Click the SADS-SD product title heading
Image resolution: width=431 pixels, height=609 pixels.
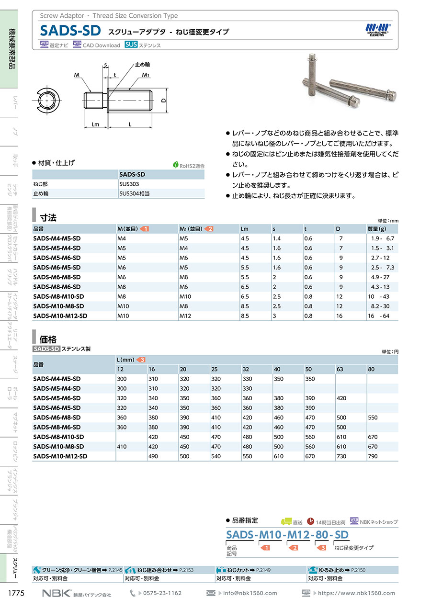70,31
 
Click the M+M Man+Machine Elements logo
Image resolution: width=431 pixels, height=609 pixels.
378,30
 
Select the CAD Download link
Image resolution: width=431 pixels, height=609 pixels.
101,45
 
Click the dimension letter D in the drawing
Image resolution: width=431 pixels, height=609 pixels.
163,101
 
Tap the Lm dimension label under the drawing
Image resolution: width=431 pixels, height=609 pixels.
95,124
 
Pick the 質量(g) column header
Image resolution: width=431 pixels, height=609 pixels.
377,229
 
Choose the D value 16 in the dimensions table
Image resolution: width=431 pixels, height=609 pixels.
341,316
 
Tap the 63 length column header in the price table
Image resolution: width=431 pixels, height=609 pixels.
341,369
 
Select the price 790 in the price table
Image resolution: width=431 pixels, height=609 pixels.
373,456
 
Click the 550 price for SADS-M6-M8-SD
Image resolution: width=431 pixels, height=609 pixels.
373,417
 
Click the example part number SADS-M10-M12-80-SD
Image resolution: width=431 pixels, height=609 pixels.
287,534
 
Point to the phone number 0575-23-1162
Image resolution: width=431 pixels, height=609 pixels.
162,593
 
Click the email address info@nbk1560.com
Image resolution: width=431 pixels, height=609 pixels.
250,593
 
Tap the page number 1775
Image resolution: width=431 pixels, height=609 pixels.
16,594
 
